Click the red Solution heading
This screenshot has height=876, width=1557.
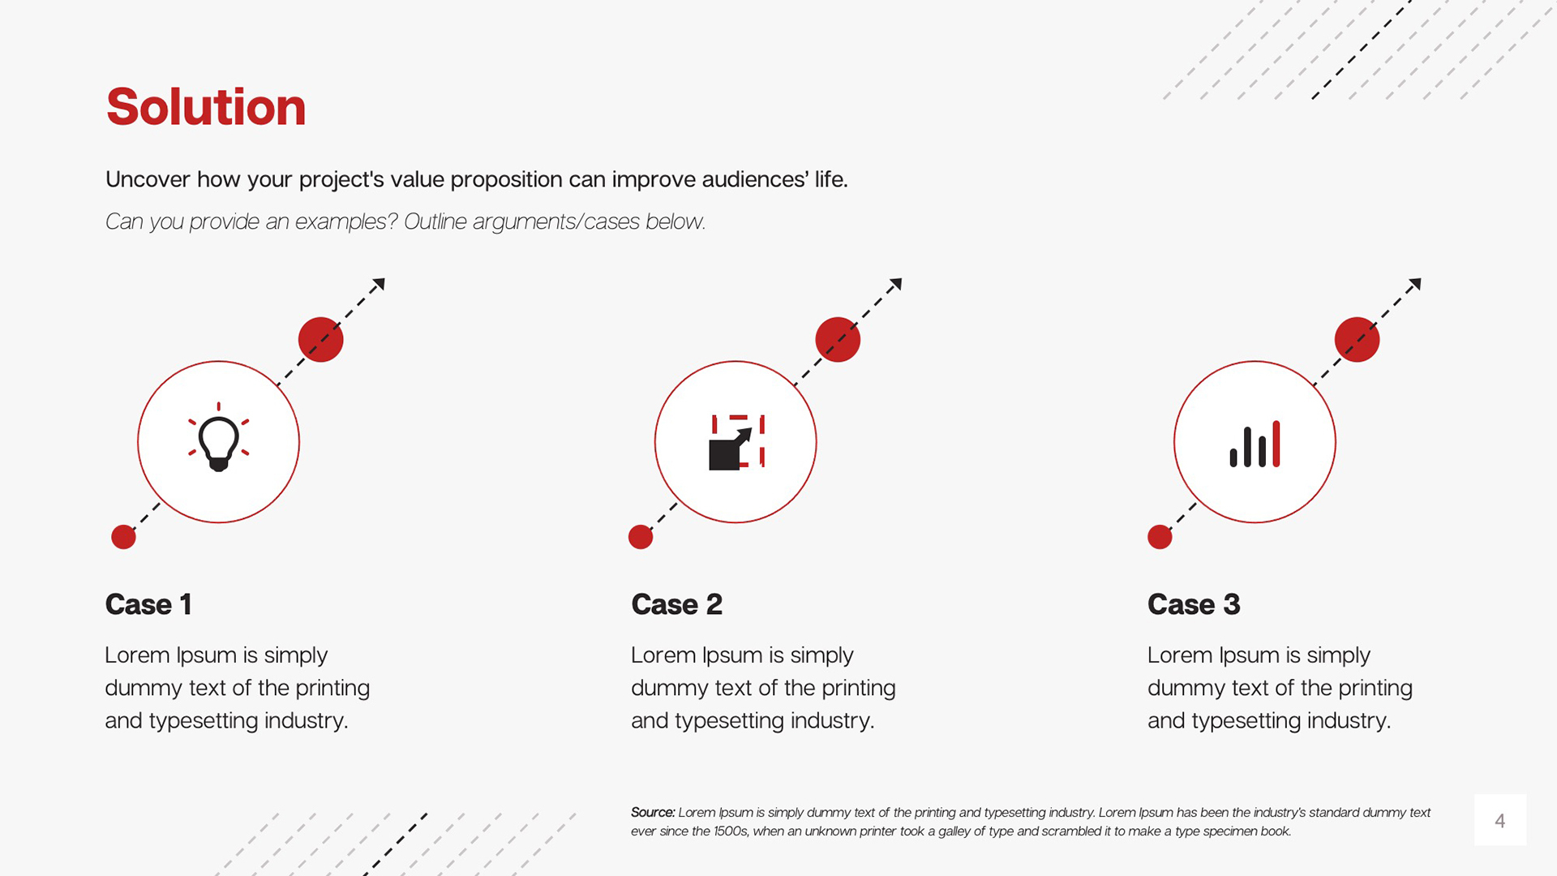pyautogui.click(x=206, y=107)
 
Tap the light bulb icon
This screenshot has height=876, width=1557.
pyautogui.click(x=218, y=438)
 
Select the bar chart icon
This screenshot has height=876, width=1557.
pyautogui.click(x=1255, y=444)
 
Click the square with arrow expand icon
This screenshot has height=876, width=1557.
pyautogui.click(x=736, y=442)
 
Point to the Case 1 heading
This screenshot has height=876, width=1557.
pyautogui.click(x=148, y=604)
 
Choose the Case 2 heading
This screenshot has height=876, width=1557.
pyautogui.click(x=676, y=604)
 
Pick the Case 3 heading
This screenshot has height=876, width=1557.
pyautogui.click(x=1194, y=604)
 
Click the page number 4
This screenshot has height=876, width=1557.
pyautogui.click(x=1500, y=821)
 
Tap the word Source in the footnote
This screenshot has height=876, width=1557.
pyautogui.click(x=653, y=812)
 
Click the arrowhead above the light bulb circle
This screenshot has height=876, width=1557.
pyautogui.click(x=379, y=285)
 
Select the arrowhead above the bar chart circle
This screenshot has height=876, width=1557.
pyautogui.click(x=1415, y=285)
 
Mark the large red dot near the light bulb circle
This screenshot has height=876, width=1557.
pyautogui.click(x=321, y=339)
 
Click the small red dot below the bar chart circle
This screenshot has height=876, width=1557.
pyautogui.click(x=1160, y=537)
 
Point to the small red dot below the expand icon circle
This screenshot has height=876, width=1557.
pyautogui.click(x=641, y=537)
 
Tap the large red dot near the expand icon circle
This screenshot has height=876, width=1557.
pyautogui.click(x=838, y=339)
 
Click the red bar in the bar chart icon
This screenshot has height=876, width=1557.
pyautogui.click(x=1276, y=444)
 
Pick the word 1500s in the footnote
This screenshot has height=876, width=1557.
pyautogui.click(x=731, y=831)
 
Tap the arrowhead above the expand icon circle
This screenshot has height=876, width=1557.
pyautogui.click(x=896, y=285)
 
